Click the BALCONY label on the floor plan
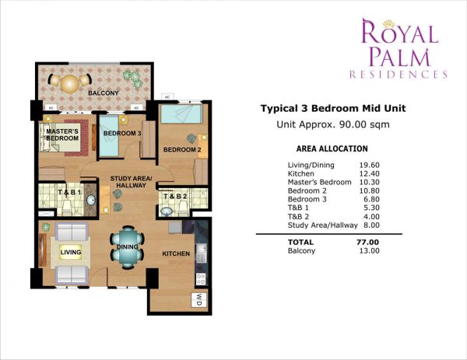pyautogui.click(x=104, y=93)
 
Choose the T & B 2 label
pyautogui.click(x=174, y=196)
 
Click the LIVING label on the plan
pyautogui.click(x=72, y=252)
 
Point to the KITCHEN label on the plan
pyautogui.click(x=176, y=254)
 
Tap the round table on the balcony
pyautogui.click(x=71, y=82)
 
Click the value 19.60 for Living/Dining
pyautogui.click(x=368, y=164)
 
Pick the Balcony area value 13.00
pyautogui.click(x=367, y=251)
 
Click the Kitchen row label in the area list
pyautogui.click(x=300, y=174)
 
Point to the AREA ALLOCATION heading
pyautogui.click(x=332, y=149)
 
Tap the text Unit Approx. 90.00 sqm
pyautogui.click(x=333, y=124)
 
